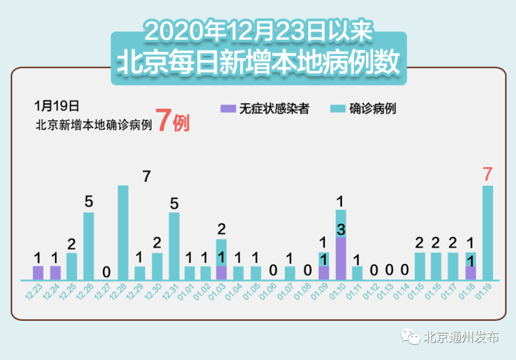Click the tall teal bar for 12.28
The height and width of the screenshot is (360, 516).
point(123,232)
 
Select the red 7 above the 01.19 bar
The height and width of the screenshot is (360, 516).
point(487,175)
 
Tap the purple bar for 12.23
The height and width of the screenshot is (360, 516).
point(38,273)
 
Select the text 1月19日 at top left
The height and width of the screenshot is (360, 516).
point(57,106)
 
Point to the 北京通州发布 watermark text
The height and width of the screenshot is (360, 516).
point(462,337)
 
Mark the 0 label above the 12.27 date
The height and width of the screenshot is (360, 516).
point(106,272)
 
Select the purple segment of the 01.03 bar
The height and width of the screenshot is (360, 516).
point(221,273)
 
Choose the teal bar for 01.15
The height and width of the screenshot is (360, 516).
point(420,266)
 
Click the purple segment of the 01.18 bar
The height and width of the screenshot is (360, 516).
point(471,273)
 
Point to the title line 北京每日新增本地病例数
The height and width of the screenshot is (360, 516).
point(258,64)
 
